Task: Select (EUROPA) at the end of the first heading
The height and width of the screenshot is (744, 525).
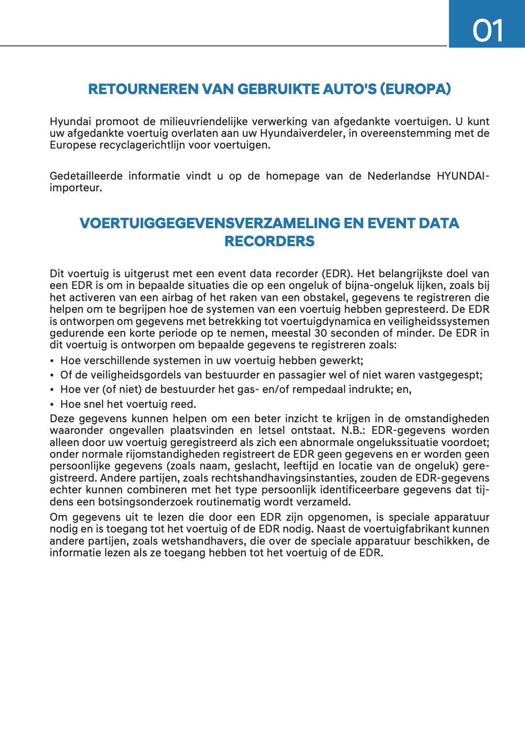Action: (415, 89)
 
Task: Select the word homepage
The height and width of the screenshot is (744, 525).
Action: (292, 176)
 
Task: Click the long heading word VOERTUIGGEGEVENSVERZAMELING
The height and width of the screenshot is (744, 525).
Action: (210, 223)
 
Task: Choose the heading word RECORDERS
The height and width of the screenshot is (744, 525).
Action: (269, 241)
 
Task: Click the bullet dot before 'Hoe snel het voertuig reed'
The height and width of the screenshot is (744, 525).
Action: (52, 405)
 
